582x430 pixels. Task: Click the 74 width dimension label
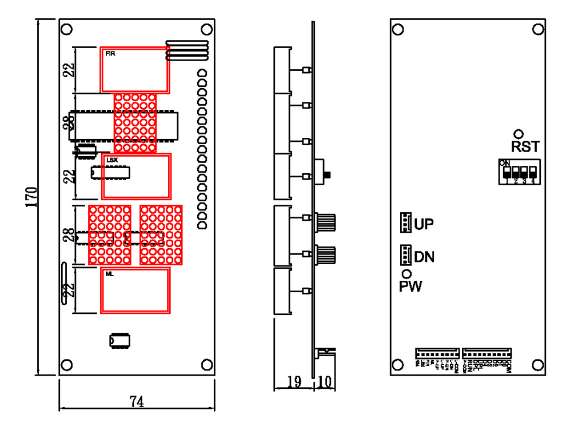(x=137, y=402)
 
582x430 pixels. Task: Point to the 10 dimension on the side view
(x=324, y=382)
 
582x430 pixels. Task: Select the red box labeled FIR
(x=135, y=70)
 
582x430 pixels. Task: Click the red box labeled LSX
(x=136, y=176)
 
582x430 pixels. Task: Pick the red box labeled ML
(x=135, y=290)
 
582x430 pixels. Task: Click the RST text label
(x=525, y=147)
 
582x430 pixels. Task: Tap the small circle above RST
(x=519, y=133)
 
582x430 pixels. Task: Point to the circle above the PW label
(x=406, y=274)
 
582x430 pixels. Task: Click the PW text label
(x=410, y=286)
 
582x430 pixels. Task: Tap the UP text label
(x=424, y=224)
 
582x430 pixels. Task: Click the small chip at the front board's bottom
(x=120, y=340)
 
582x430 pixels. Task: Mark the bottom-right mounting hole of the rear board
(x=537, y=364)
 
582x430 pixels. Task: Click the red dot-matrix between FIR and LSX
(x=135, y=123)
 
